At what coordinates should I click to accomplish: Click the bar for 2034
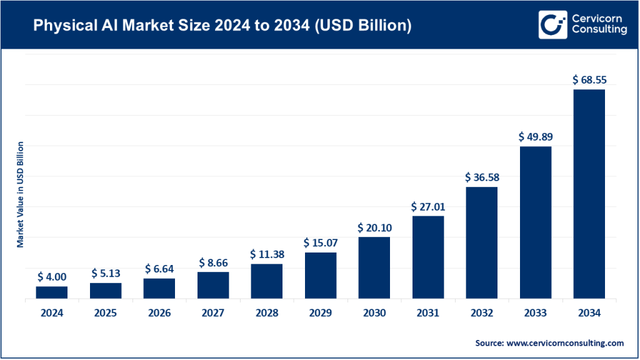[x=589, y=194]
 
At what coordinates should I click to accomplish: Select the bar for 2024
[x=52, y=292]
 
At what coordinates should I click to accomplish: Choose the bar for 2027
[x=213, y=285]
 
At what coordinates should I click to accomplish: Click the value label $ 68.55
[x=589, y=80]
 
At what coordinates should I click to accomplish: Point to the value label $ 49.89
[x=536, y=136]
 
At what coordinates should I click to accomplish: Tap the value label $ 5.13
[x=106, y=273]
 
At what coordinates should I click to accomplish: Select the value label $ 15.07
[x=321, y=242]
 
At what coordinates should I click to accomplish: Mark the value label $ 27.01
[x=428, y=206]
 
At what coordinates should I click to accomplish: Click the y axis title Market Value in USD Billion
[x=21, y=194]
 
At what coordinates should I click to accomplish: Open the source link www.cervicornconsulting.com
[x=566, y=343]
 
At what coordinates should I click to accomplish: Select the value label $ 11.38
[x=267, y=254]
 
